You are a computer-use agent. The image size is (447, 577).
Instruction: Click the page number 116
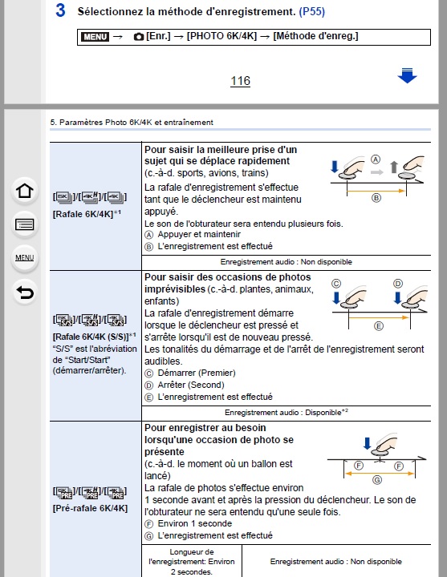[240, 81]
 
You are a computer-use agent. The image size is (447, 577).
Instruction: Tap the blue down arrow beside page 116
[407, 75]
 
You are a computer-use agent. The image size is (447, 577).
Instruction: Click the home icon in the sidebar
[25, 191]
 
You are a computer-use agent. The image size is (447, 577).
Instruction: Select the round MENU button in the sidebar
[25, 258]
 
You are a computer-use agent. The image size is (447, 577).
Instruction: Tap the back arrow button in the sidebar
[25, 293]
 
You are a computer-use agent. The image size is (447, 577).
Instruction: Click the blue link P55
[311, 12]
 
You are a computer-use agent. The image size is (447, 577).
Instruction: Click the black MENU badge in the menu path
[95, 36]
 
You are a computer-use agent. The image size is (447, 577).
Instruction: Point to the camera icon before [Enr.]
[139, 36]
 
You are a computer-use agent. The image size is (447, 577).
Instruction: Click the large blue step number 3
[60, 10]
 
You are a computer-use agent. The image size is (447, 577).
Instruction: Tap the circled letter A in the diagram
[375, 159]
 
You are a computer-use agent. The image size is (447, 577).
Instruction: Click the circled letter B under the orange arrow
[376, 198]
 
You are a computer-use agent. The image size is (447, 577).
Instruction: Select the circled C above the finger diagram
[336, 284]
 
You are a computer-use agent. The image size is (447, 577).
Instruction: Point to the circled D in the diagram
[398, 284]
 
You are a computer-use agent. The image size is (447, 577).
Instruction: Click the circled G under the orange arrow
[377, 480]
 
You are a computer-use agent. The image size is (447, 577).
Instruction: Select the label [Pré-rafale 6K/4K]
[90, 508]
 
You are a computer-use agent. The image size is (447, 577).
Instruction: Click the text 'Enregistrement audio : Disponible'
[283, 413]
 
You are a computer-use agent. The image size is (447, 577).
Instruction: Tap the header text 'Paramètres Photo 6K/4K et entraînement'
[136, 122]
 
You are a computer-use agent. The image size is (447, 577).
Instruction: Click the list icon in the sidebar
[25, 224]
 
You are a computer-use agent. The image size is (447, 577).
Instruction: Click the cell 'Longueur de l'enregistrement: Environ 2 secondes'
[192, 562]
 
